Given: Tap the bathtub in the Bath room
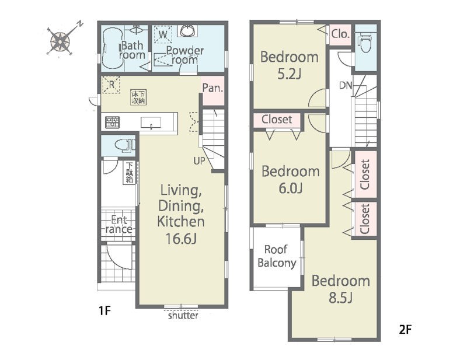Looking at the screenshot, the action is (113, 49).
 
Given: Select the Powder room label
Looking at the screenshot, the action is (184, 55).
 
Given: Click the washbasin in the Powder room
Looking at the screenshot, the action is (187, 31).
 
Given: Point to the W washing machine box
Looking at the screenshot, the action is (163, 34).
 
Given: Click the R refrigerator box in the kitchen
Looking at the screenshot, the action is (111, 85).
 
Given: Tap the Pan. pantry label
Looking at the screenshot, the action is (212, 88).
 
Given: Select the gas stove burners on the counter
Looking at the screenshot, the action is (112, 123).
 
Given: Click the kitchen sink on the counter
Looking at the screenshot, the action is (151, 123).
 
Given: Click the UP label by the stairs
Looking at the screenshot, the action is (199, 161).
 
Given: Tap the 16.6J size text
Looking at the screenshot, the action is (181, 239).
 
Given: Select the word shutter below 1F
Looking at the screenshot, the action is (183, 315).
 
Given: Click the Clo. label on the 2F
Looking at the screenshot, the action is (340, 34).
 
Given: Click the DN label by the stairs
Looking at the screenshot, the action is (346, 86).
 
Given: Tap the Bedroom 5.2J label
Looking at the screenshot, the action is (289, 65).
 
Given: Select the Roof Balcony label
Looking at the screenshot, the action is (277, 256).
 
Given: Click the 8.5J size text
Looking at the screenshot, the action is (341, 298).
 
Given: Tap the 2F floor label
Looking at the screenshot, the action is (405, 330).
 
